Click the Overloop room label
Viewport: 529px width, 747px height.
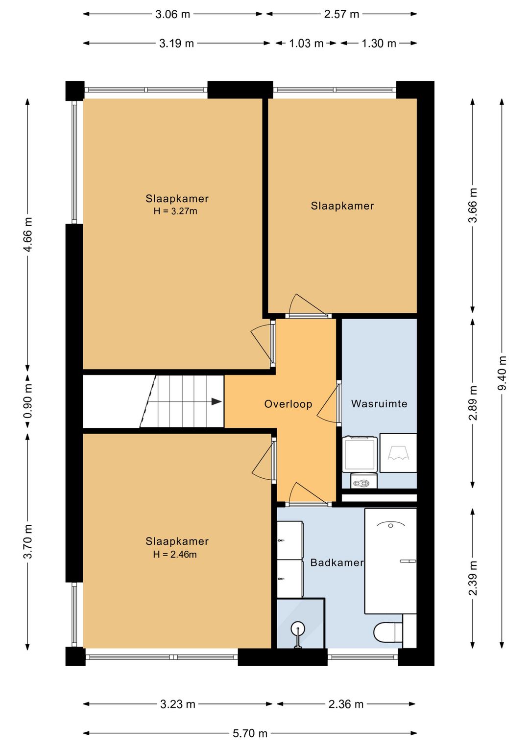[288, 404]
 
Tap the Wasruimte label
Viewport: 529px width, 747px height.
[379, 404]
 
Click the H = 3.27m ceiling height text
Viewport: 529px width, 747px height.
[175, 211]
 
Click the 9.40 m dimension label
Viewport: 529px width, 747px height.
[502, 373]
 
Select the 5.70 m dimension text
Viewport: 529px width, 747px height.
[250, 733]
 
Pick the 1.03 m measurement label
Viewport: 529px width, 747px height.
[306, 44]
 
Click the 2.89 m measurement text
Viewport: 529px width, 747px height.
[473, 403]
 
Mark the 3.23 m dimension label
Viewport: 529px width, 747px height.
[177, 704]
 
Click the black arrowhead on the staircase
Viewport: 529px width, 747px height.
[216, 402]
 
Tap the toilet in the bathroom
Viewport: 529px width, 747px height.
[388, 630]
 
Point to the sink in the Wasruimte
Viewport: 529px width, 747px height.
[398, 452]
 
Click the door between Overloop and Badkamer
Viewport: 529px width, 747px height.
[309, 494]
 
